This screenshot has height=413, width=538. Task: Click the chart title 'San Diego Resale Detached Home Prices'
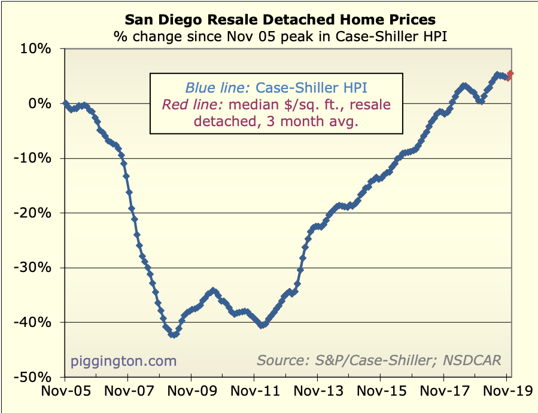click(280, 21)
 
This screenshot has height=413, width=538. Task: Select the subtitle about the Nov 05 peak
click(281, 36)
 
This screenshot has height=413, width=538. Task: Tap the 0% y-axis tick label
click(42, 103)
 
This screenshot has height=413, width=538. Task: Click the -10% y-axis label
click(36, 158)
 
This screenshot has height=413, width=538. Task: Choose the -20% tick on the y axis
click(36, 213)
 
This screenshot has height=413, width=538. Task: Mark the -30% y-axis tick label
click(36, 268)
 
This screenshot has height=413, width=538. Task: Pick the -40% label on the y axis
click(36, 323)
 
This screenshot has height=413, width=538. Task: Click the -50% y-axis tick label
click(36, 378)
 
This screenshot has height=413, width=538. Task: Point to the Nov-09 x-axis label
click(192, 393)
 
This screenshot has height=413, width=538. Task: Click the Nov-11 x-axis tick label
click(254, 393)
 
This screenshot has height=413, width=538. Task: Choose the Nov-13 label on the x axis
click(318, 393)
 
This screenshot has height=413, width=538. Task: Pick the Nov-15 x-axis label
click(381, 393)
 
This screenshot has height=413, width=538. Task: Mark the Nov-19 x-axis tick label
click(506, 393)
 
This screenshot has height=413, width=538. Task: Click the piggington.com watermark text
click(124, 360)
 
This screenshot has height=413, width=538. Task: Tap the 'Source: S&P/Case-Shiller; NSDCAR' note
click(379, 360)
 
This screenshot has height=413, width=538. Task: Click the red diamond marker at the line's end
click(510, 75)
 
